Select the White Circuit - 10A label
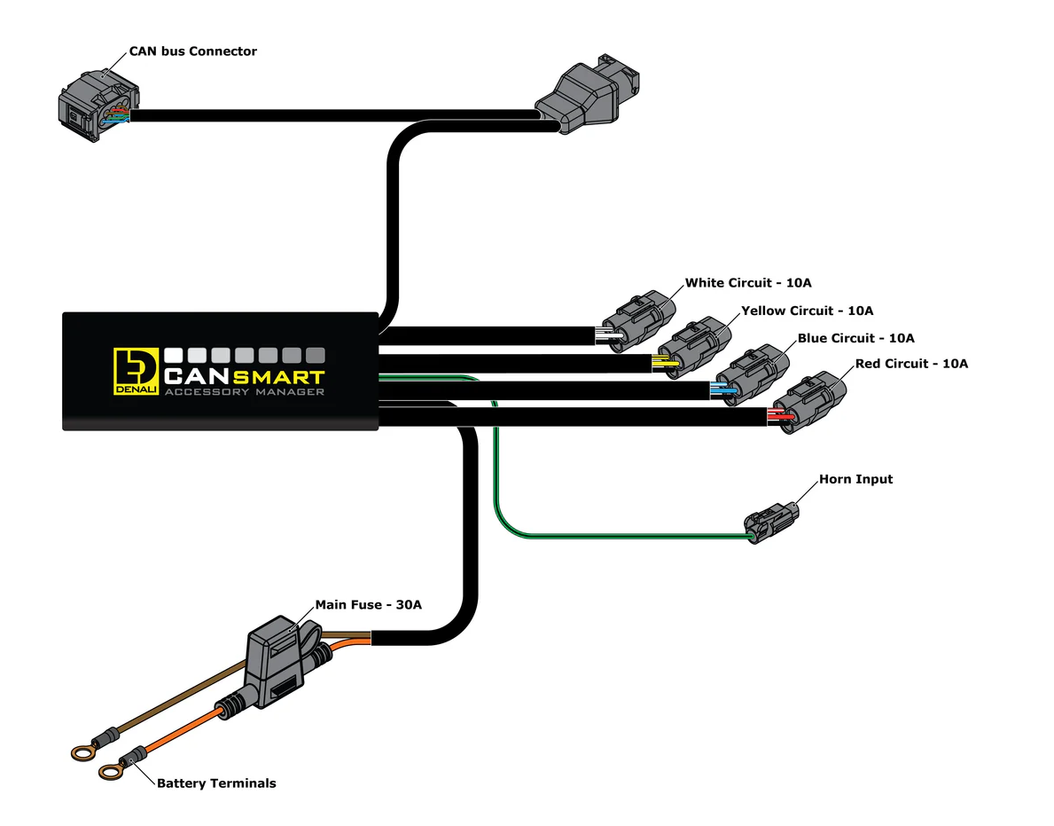pyautogui.click(x=748, y=283)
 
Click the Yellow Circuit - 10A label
pyautogui.click(x=807, y=311)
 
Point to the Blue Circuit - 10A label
pyautogui.click(x=855, y=338)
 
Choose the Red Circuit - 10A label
pyautogui.click(x=911, y=364)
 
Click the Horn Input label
pyautogui.click(x=855, y=479)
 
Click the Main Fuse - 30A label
pyautogui.click(x=368, y=605)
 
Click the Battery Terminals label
pyautogui.click(x=216, y=783)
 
